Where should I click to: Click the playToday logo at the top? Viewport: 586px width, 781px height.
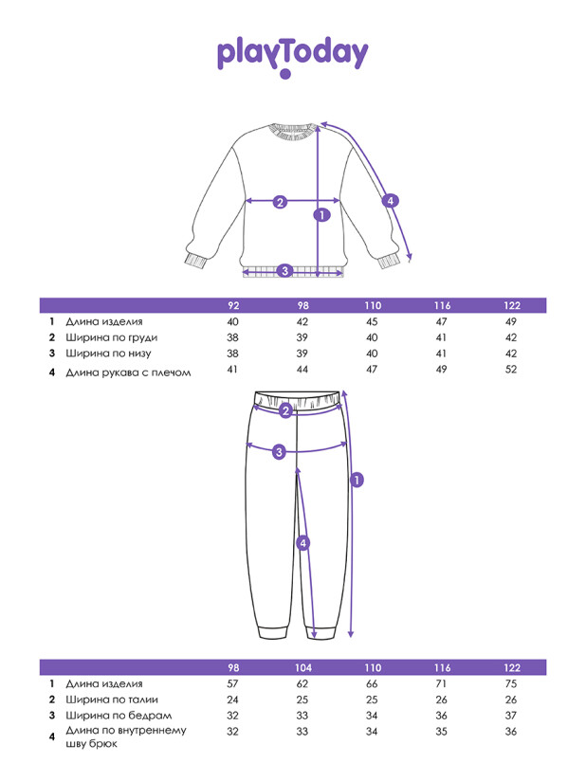pyautogui.click(x=292, y=56)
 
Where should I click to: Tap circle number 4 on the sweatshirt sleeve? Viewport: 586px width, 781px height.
pyautogui.click(x=391, y=200)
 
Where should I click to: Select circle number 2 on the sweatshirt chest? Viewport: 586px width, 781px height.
pyautogui.click(x=280, y=201)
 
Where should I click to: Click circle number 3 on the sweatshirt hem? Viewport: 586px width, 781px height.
pyautogui.click(x=284, y=271)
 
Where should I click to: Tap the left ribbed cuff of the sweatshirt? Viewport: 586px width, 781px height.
pyautogui.click(x=195, y=260)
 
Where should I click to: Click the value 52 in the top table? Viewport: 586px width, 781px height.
pyautogui.click(x=512, y=369)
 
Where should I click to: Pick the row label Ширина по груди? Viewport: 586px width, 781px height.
pyautogui.click(x=112, y=337)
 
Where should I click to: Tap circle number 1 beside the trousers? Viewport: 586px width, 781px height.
pyautogui.click(x=357, y=480)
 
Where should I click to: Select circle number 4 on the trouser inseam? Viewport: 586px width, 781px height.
pyautogui.click(x=302, y=543)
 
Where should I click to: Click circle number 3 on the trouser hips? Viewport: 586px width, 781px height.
pyautogui.click(x=279, y=452)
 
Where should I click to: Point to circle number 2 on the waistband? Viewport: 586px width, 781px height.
pyautogui.click(x=284, y=410)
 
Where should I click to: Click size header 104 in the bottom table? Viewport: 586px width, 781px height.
pyautogui.click(x=302, y=667)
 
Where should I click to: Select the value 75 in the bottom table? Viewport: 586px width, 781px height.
pyautogui.click(x=512, y=682)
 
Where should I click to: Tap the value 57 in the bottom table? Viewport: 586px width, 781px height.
pyautogui.click(x=232, y=682)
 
